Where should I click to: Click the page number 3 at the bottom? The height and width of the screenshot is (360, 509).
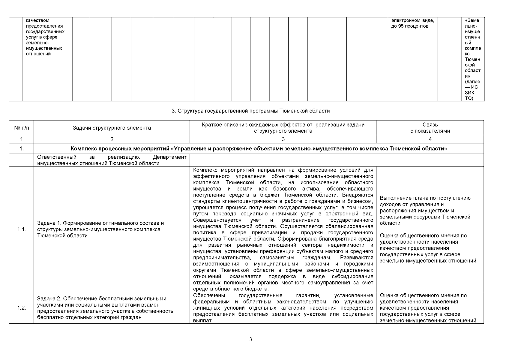pyautogui.click(x=251, y=340)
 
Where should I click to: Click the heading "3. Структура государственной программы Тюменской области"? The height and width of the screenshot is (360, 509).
pyautogui.click(x=250, y=111)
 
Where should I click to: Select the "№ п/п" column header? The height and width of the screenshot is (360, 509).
pyautogui.click(x=21, y=128)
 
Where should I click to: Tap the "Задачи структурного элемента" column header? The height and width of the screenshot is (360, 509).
pyautogui.click(x=112, y=128)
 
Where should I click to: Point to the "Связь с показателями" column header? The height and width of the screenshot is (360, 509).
pyautogui.click(x=430, y=128)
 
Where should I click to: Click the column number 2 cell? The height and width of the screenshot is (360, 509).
pyautogui.click(x=112, y=139)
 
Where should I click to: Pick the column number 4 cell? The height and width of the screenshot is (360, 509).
pyautogui.click(x=430, y=139)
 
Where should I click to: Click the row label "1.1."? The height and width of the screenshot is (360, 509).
pyautogui.click(x=21, y=229)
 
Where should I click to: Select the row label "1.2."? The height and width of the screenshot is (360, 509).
pyautogui.click(x=21, y=308)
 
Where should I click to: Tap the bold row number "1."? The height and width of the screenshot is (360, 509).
pyautogui.click(x=21, y=149)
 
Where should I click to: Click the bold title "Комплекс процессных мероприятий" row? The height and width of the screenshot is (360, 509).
pyautogui.click(x=259, y=149)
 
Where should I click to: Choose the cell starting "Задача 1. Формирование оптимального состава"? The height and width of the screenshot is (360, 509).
pyautogui.click(x=100, y=229)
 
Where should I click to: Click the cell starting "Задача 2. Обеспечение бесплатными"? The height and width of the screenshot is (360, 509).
pyautogui.click(x=105, y=308)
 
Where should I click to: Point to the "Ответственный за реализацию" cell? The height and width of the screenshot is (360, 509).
pyautogui.click(x=112, y=160)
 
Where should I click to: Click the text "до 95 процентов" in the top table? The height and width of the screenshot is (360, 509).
pyautogui.click(x=410, y=26)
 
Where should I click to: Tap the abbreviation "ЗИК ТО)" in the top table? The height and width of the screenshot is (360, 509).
pyautogui.click(x=470, y=96)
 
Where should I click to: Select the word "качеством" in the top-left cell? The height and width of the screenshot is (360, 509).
pyautogui.click(x=37, y=20)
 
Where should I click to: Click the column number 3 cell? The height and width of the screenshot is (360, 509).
pyautogui.click(x=283, y=139)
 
